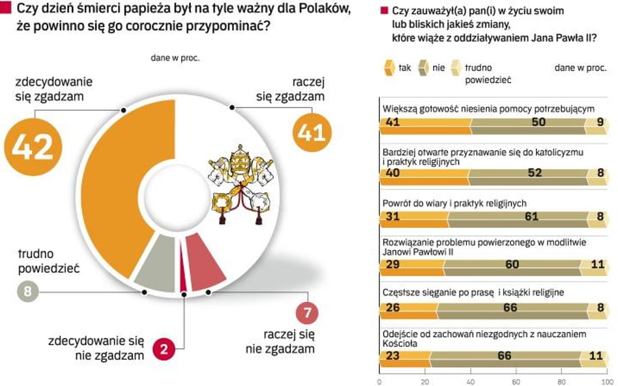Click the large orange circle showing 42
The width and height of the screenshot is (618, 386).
pyautogui.click(x=33, y=146)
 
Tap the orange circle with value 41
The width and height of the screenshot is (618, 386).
pyautogui.click(x=311, y=131)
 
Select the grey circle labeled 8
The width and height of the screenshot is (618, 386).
pyautogui.click(x=27, y=291)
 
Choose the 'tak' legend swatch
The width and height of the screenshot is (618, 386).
pyautogui.click(x=389, y=68)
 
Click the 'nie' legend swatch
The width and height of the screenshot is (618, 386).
pyautogui.click(x=423, y=68)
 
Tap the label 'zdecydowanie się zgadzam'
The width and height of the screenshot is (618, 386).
pyautogui.click(x=53, y=89)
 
